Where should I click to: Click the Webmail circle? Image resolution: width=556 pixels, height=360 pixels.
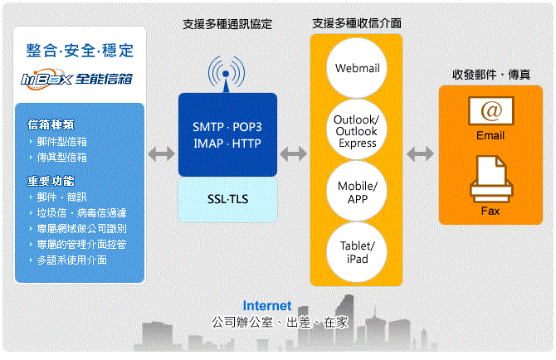click(x=357, y=68)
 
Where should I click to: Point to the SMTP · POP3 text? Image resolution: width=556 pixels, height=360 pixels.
click(x=227, y=127)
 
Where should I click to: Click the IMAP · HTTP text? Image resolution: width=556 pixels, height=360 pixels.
click(x=227, y=143)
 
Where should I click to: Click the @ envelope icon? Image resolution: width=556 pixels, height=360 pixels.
click(x=490, y=109)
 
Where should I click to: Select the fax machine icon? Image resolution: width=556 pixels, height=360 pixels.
click(x=490, y=180)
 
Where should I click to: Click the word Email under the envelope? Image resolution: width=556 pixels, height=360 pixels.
click(x=490, y=136)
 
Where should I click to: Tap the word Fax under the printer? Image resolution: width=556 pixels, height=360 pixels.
click(x=490, y=211)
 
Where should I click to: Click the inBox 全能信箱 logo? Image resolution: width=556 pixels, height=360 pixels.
click(x=78, y=79)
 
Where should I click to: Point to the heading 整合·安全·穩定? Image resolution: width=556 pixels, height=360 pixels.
click(x=80, y=49)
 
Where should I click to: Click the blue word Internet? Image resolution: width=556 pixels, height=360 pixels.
click(x=267, y=306)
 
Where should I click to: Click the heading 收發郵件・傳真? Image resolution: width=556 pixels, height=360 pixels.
click(x=492, y=74)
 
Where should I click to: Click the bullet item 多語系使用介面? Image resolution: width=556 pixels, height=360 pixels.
click(x=71, y=260)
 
